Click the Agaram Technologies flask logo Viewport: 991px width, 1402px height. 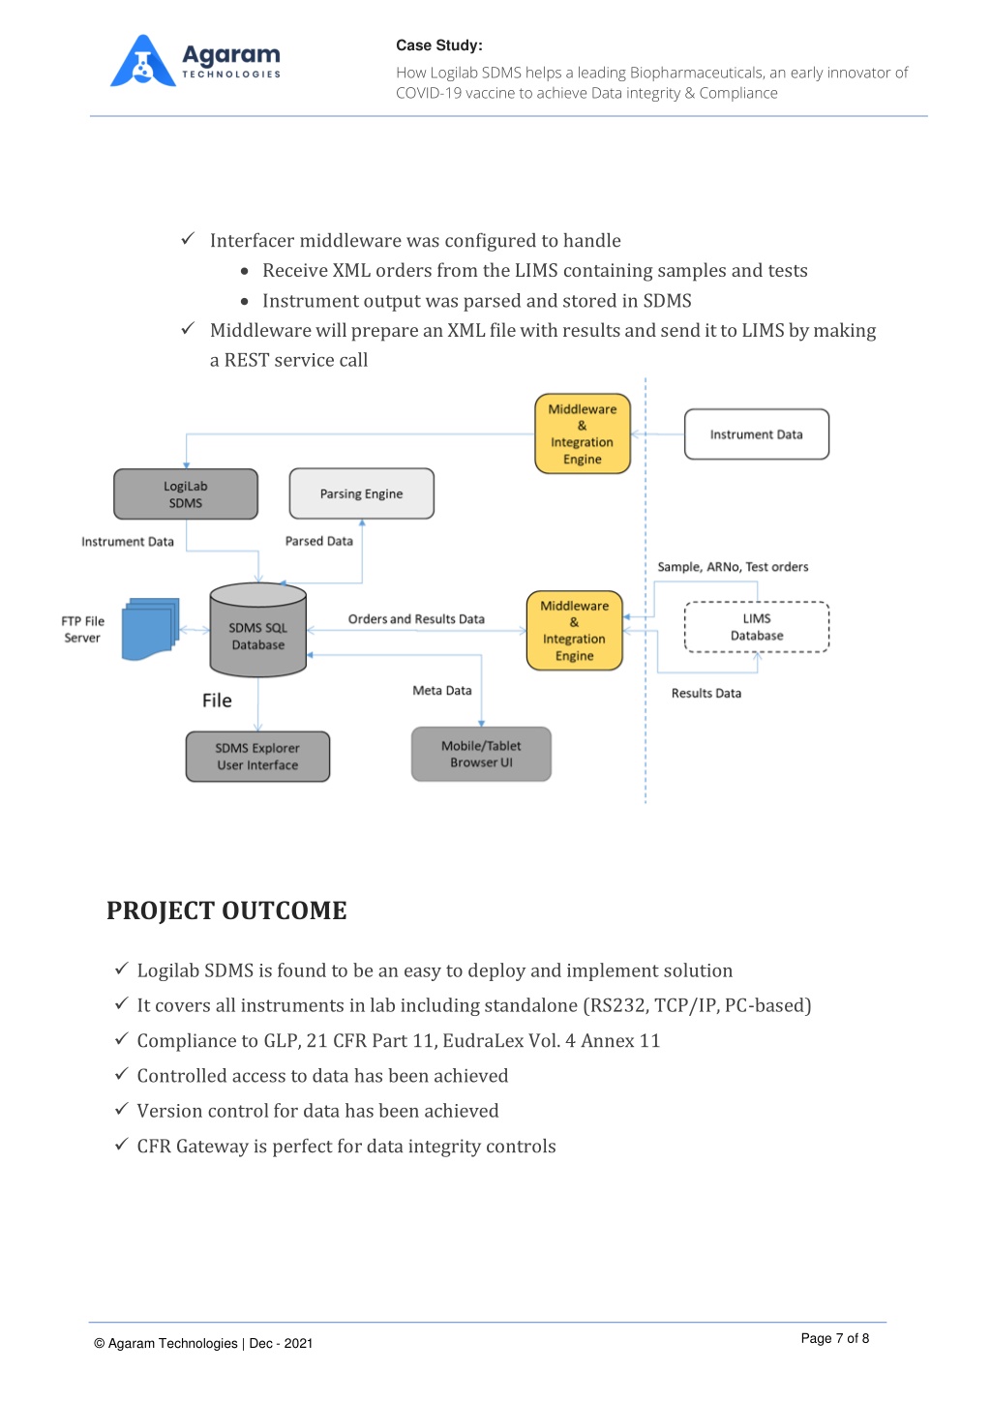(142, 61)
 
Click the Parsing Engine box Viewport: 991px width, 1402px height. (361, 493)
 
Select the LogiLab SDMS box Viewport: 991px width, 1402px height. (185, 493)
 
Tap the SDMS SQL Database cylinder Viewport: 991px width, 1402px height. (258, 630)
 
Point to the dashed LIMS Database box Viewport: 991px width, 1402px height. (756, 627)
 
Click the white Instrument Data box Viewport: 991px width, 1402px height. (756, 434)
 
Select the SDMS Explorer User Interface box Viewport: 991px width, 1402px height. (257, 756)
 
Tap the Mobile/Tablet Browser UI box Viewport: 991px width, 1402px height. (481, 754)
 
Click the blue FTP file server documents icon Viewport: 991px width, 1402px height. (150, 629)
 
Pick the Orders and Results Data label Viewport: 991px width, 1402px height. (416, 619)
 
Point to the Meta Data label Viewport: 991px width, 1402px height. (442, 691)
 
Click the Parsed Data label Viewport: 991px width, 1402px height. (318, 541)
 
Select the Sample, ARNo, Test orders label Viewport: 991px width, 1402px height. (733, 566)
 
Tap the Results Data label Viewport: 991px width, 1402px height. (706, 693)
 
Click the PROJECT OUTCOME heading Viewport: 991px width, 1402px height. (226, 910)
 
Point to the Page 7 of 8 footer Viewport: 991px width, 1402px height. (834, 1338)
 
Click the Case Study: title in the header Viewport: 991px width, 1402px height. (438, 45)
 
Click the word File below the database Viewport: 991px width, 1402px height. (217, 701)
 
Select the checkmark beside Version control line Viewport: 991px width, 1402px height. (121, 1109)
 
